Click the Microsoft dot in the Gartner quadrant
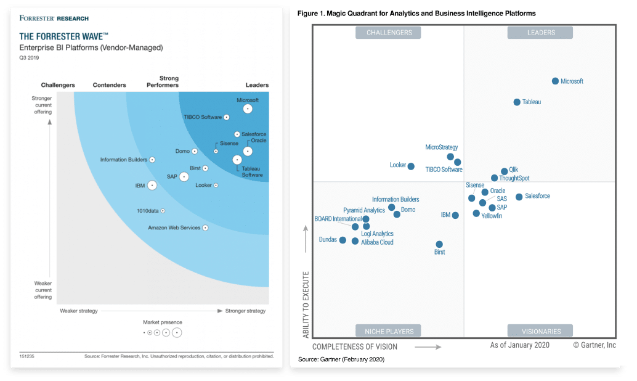[555, 81]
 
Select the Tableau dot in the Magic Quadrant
[517, 102]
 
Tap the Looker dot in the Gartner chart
[411, 166]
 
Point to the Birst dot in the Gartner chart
[439, 244]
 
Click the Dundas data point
[343, 239]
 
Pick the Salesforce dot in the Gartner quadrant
[519, 197]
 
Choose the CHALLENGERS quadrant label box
[388, 33]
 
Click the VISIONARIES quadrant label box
[540, 330]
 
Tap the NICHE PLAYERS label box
[388, 330]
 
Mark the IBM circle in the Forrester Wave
[152, 185]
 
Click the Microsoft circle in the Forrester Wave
[248, 109]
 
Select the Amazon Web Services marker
[205, 228]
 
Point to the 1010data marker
[163, 211]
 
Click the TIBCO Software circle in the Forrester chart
[227, 117]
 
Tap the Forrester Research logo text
[54, 18]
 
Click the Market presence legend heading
[163, 322]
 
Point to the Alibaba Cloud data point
[355, 241]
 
